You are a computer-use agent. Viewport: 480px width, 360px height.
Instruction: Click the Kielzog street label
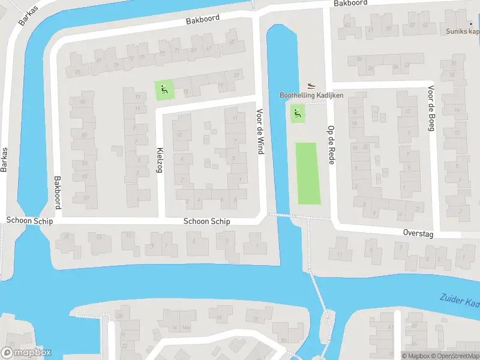point(160,160)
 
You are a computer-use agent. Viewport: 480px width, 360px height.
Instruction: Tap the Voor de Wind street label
point(260,131)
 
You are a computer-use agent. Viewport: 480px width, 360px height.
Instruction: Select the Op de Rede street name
point(330,145)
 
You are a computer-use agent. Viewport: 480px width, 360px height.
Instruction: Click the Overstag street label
point(418,233)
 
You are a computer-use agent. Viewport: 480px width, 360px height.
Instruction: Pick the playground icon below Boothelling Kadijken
point(297,113)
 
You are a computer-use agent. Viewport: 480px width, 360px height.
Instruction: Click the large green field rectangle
point(308,173)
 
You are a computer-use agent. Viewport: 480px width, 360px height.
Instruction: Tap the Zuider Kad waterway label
point(460,299)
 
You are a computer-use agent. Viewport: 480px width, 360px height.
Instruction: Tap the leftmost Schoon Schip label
point(30,221)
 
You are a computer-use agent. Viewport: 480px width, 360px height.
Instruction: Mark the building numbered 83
point(77,73)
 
